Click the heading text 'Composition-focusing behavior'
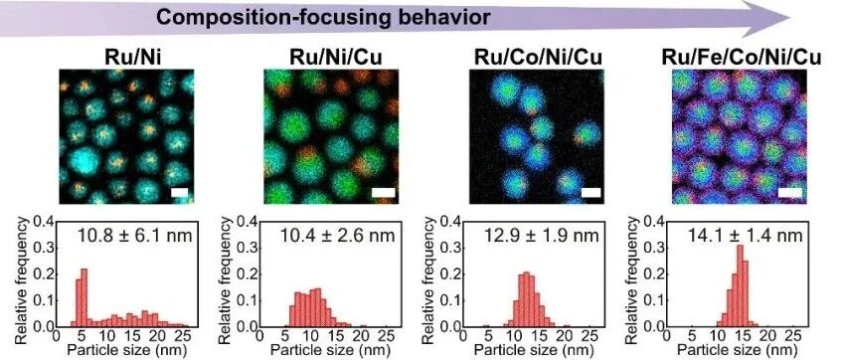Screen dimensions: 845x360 click(x=323, y=17)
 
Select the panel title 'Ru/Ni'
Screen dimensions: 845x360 click(x=126, y=57)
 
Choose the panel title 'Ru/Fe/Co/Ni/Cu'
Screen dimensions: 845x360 click(x=741, y=57)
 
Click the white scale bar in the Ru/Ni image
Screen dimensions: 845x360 click(x=180, y=192)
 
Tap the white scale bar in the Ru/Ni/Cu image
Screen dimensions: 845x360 click(x=383, y=192)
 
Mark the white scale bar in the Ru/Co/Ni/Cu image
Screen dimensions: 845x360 click(x=591, y=192)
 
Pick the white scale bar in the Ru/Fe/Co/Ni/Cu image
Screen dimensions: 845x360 click(x=790, y=192)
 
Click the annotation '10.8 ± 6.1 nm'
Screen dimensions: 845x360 click(x=134, y=235)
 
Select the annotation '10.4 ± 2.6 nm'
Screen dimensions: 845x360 click(x=337, y=235)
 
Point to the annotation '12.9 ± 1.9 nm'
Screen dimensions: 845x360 click(x=541, y=235)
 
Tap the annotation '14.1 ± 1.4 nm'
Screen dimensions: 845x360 click(x=746, y=235)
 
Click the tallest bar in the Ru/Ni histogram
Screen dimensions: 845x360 click(x=84, y=297)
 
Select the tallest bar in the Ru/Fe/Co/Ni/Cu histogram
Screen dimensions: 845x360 click(x=740, y=286)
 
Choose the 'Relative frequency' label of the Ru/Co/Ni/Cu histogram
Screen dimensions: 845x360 click(x=429, y=279)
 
